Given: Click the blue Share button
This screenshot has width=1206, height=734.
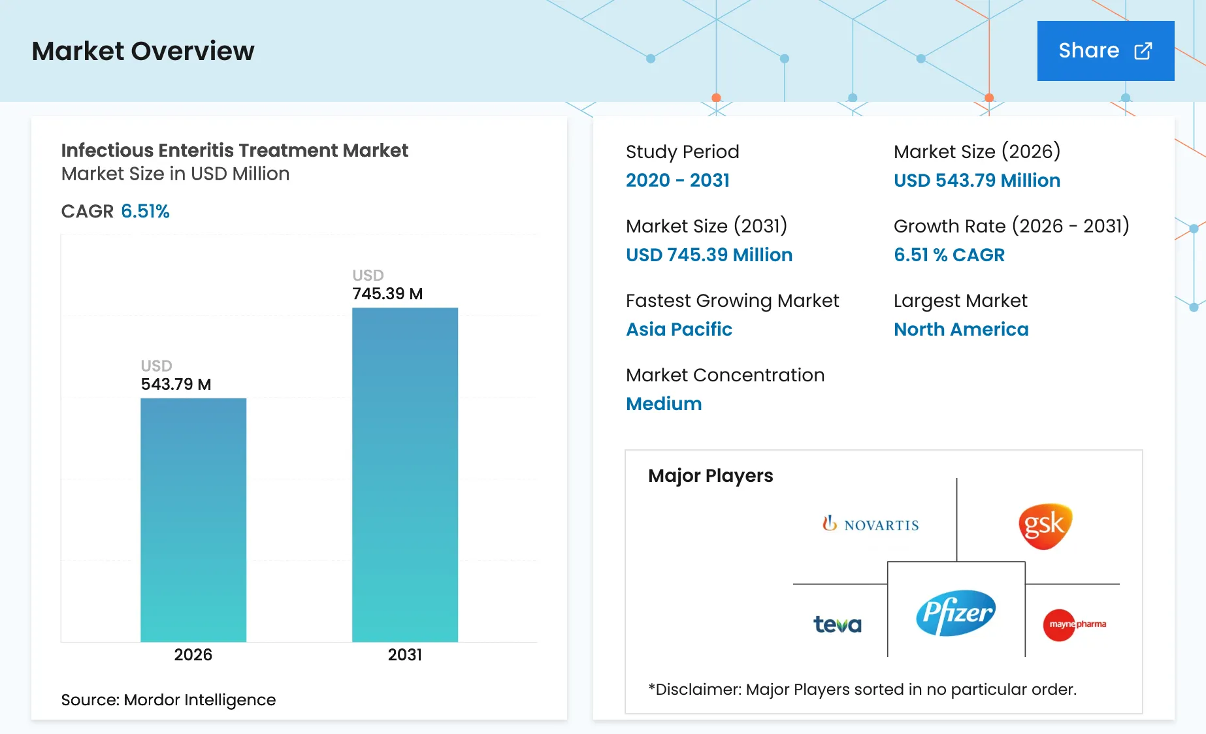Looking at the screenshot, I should tap(1105, 51).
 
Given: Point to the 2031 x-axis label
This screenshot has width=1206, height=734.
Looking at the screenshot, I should tap(405, 654).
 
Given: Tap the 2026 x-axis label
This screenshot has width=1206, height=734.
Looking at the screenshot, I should tap(193, 654).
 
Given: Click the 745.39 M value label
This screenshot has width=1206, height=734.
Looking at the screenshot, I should tap(387, 294).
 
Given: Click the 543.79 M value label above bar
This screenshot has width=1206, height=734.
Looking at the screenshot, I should tap(176, 384).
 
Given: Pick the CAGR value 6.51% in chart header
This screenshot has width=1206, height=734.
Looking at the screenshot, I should tap(145, 211).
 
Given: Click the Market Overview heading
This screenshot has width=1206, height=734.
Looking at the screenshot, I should tap(143, 51).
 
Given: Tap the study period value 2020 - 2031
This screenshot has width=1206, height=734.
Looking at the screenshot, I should tap(677, 180).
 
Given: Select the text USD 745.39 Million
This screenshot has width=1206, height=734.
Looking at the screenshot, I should tap(709, 255).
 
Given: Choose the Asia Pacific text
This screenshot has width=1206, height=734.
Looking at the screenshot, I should tap(679, 329).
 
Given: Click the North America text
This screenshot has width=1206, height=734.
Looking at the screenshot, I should tap(961, 329).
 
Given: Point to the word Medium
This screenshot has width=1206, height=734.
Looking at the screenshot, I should tap(664, 404).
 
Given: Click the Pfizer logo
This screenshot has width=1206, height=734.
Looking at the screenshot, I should tap(956, 613).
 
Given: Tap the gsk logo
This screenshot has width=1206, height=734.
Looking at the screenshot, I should tap(1045, 525).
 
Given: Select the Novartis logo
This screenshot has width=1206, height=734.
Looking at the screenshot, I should tap(871, 524).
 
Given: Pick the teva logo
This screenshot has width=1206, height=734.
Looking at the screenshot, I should tap(837, 624).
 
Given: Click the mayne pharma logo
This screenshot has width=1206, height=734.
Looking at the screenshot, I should tap(1074, 624).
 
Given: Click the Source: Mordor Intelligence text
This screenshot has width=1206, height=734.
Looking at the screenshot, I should tap(169, 699).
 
